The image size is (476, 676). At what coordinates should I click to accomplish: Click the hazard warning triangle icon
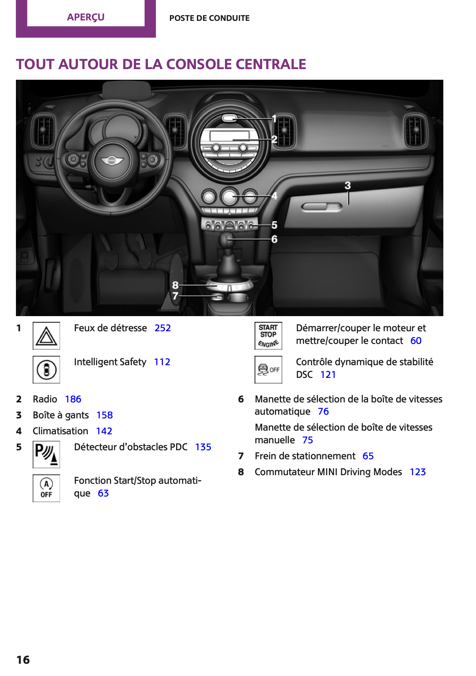pos(46,336)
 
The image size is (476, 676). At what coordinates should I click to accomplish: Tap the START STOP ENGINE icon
pos(268,336)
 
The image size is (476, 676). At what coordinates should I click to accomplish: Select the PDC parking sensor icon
pos(46,454)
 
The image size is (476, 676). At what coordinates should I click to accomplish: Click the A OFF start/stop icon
pos(46,488)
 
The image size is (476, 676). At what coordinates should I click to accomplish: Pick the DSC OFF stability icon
pos(268,370)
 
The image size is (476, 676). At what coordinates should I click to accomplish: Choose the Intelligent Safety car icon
pos(46,370)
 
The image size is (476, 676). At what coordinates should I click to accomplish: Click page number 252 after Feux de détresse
pos(163,328)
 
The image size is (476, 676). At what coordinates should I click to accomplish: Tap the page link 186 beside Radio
pos(73,399)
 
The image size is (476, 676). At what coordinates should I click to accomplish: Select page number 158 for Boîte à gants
pos(104,415)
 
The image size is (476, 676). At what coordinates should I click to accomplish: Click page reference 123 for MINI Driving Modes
pos(418,472)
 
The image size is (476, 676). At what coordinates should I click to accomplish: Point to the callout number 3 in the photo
pos(348,185)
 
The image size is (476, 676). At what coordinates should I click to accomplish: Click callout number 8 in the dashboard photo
pos(175,285)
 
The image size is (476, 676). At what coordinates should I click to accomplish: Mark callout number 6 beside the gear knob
pos(274,239)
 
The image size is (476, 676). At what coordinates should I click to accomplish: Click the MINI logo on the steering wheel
pos(112,161)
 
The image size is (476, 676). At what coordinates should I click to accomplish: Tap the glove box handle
pos(322,207)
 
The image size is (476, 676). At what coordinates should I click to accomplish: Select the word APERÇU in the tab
pos(86,17)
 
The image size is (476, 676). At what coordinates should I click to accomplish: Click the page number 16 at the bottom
pos(23,660)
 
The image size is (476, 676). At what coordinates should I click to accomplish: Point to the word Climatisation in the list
pos(60,431)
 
